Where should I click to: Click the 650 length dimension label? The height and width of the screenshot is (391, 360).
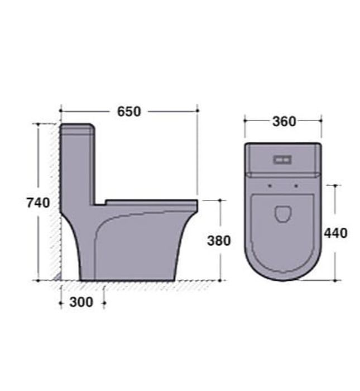[x=129, y=111]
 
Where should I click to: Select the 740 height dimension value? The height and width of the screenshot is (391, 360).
[x=39, y=202]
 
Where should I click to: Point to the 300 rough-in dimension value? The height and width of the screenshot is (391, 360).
[x=81, y=303]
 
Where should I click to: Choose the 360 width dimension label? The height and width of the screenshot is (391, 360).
[x=284, y=121]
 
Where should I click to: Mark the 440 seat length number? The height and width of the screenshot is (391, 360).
[x=335, y=233]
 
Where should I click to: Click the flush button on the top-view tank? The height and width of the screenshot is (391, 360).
[x=282, y=160]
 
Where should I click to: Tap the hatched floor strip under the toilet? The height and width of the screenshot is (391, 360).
[x=134, y=285]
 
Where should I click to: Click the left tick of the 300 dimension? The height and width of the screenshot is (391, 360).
[x=61, y=303]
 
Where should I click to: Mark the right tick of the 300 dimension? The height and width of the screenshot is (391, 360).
[x=104, y=303]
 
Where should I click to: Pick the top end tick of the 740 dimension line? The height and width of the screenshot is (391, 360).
[x=39, y=124]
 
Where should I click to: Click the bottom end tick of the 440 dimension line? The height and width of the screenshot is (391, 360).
[x=335, y=280]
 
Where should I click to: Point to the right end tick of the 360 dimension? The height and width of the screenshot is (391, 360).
[x=321, y=120]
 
